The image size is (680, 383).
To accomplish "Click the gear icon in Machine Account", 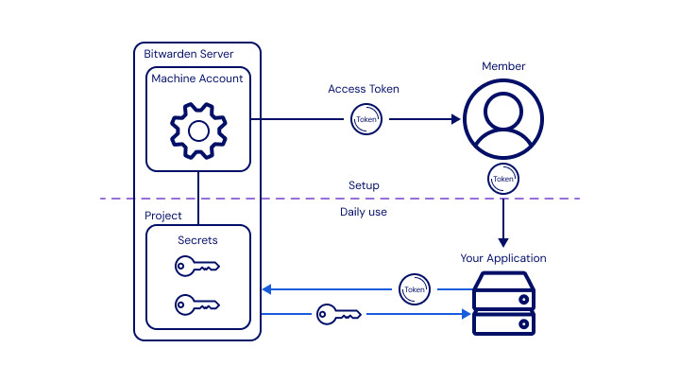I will coord(197,130).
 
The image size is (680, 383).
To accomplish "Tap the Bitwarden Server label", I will coord(190,53).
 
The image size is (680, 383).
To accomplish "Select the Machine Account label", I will coord(196,78).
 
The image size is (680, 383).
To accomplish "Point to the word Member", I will coord(503,66).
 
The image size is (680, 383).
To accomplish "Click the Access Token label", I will coord(364,89).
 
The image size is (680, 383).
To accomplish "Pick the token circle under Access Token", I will coord(365,119).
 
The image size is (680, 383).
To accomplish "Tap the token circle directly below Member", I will coord(503,178).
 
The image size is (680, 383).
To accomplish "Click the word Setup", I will coord(364,185).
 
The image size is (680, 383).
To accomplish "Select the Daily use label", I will coord(364,212).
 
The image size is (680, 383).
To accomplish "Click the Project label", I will coord(162,216).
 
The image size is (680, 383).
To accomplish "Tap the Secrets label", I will coord(197,240).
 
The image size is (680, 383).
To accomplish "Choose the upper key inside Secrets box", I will coord(196,268).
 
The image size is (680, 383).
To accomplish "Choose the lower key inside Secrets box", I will coord(196,305).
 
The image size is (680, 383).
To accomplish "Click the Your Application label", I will coord(503,258).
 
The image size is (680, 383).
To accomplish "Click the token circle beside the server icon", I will coord(414,288).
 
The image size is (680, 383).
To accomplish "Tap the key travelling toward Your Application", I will coord(338,313).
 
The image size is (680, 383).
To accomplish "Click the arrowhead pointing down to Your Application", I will coord(503,241).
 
